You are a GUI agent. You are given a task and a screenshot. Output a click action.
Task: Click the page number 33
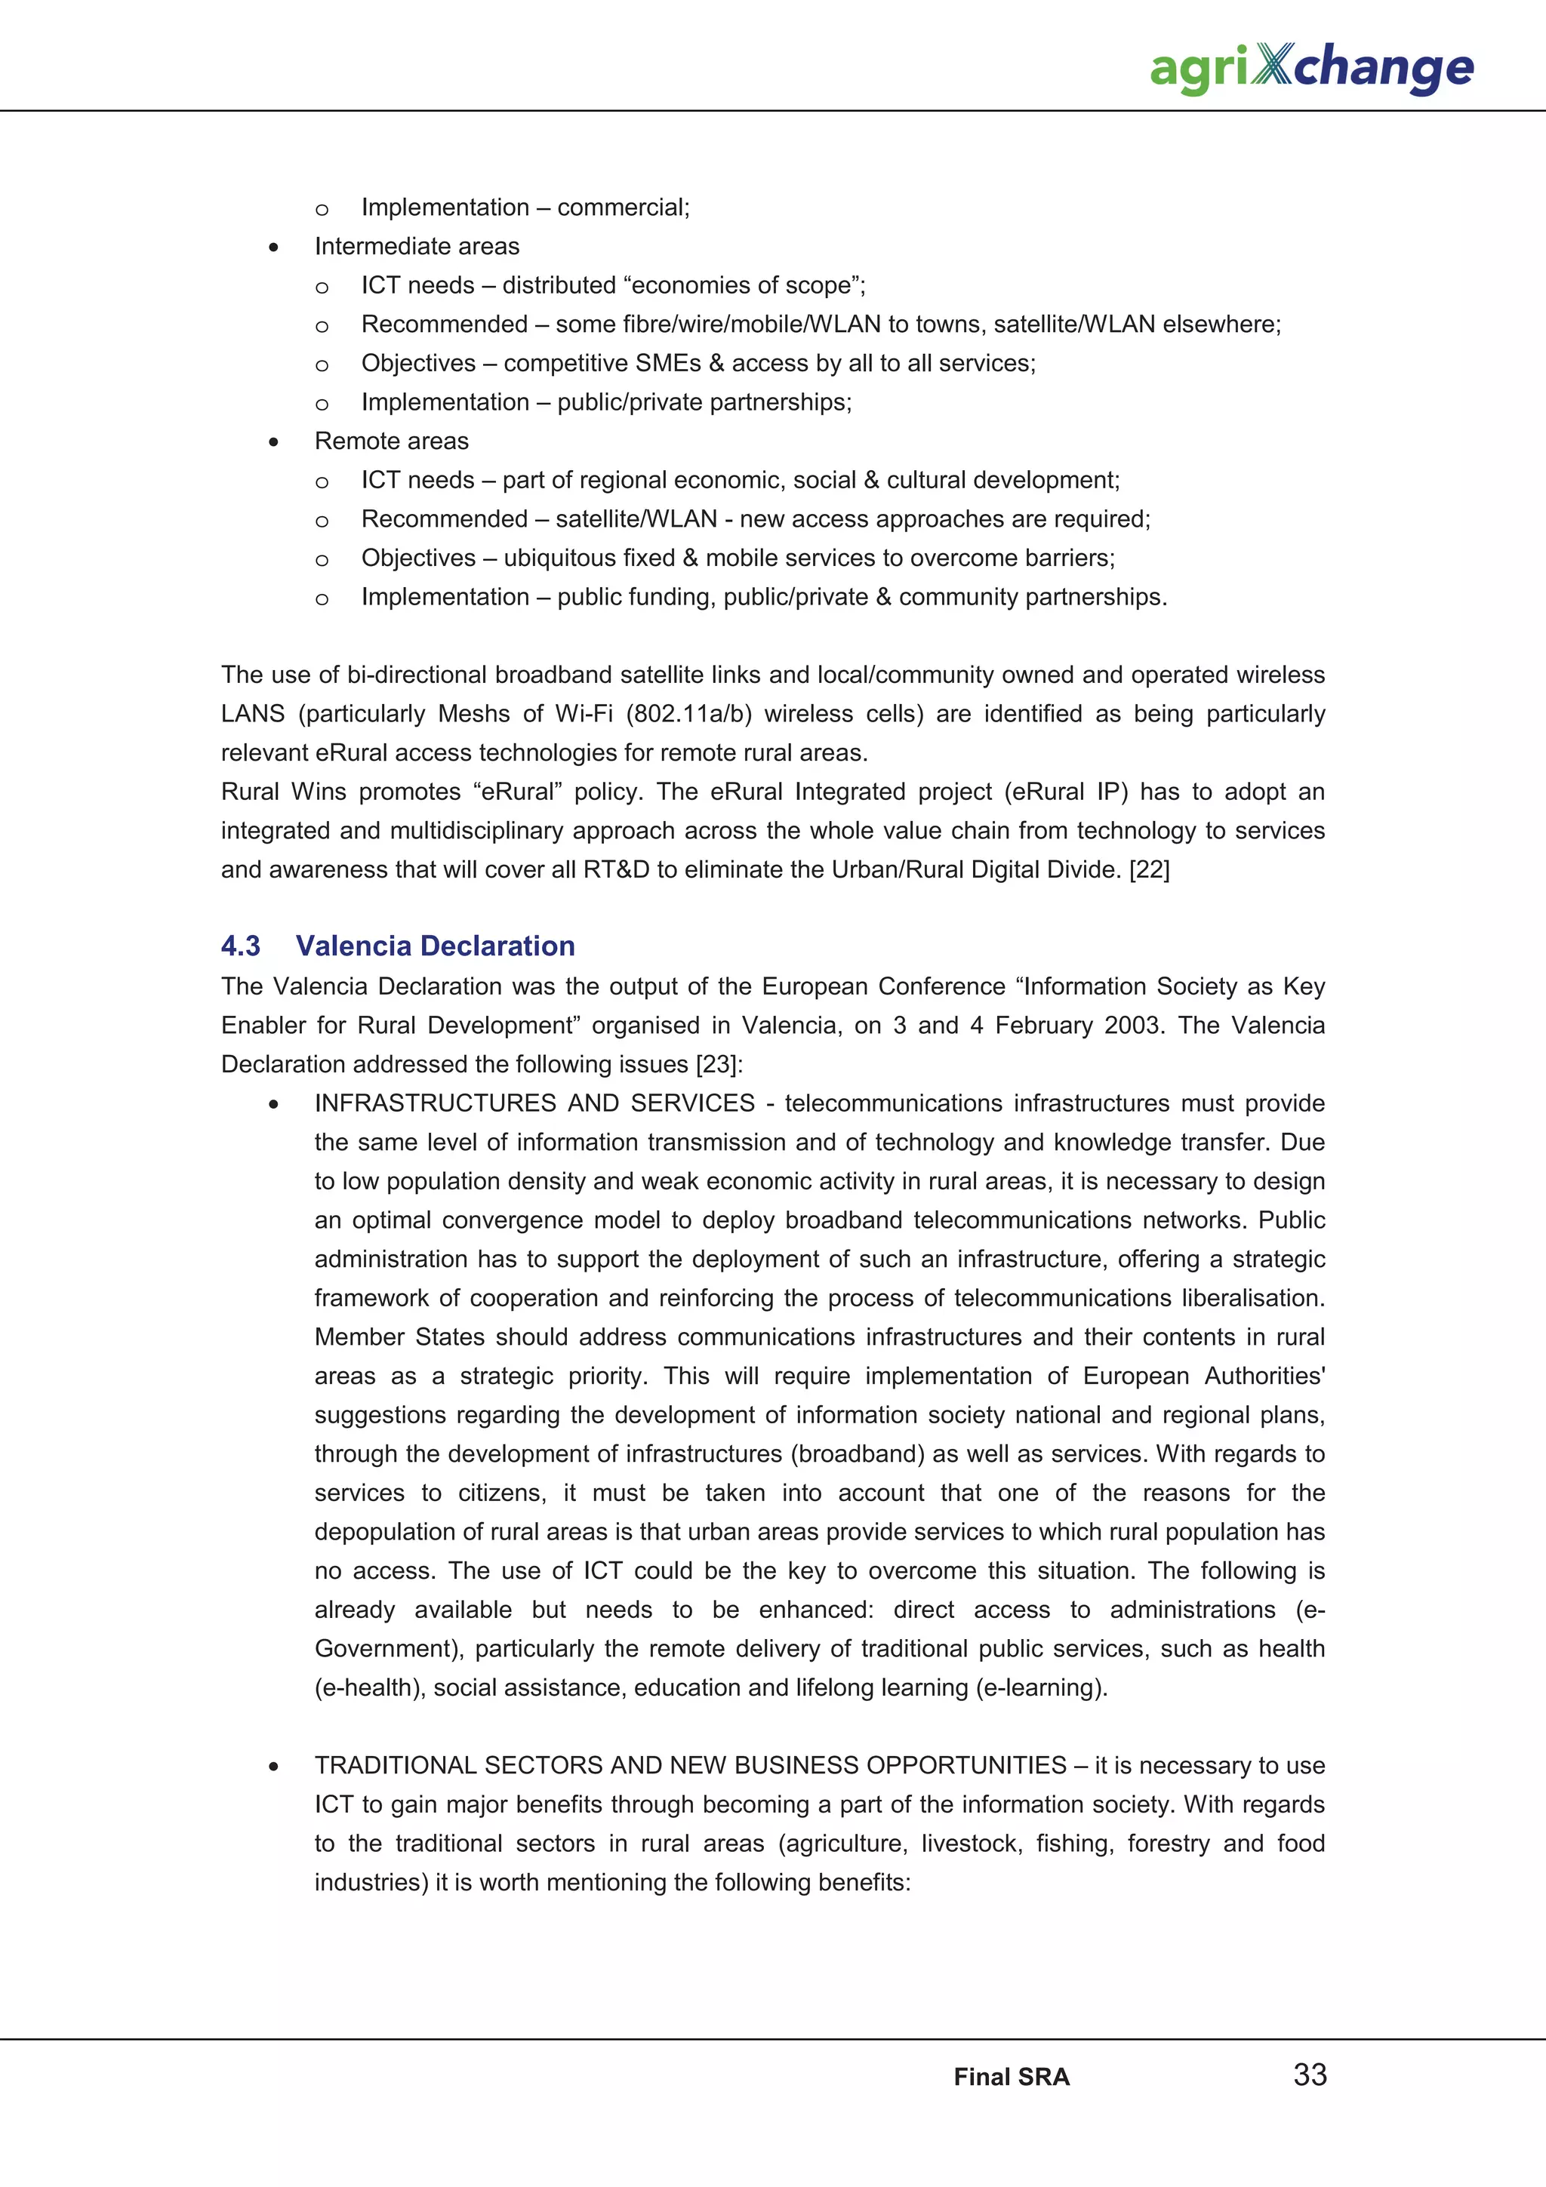pos(1310,2074)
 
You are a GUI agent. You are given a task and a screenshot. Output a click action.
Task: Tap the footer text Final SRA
pos(1012,2077)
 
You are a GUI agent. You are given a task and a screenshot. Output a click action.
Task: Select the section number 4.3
pos(240,946)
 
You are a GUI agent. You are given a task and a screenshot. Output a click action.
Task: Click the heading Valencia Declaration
pos(436,946)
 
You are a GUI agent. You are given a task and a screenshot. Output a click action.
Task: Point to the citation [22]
pos(1149,869)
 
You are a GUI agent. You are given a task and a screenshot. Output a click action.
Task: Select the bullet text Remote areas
pos(392,441)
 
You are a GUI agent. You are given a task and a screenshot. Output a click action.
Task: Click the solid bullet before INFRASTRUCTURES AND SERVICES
pos(273,1104)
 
